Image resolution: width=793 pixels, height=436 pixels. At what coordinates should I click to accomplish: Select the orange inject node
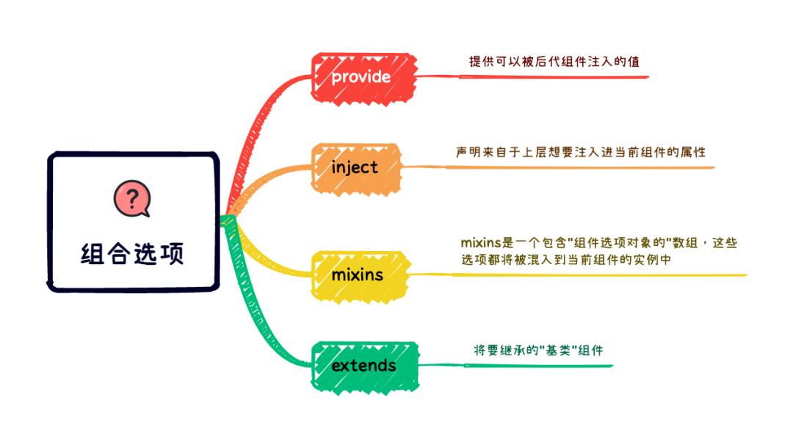click(x=356, y=167)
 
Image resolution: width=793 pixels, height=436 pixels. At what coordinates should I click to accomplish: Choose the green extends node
click(x=365, y=366)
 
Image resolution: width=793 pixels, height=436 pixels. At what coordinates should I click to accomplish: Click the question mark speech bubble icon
click(x=131, y=198)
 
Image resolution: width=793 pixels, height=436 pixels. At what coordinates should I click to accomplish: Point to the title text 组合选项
click(x=132, y=253)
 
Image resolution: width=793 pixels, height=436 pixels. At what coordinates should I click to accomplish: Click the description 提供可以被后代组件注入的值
click(x=554, y=62)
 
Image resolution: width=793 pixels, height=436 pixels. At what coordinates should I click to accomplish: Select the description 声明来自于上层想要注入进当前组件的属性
click(x=580, y=152)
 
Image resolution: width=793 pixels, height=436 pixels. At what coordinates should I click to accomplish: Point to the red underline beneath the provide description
click(x=536, y=76)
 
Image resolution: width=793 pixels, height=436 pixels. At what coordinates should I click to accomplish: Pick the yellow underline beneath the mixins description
click(x=587, y=275)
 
